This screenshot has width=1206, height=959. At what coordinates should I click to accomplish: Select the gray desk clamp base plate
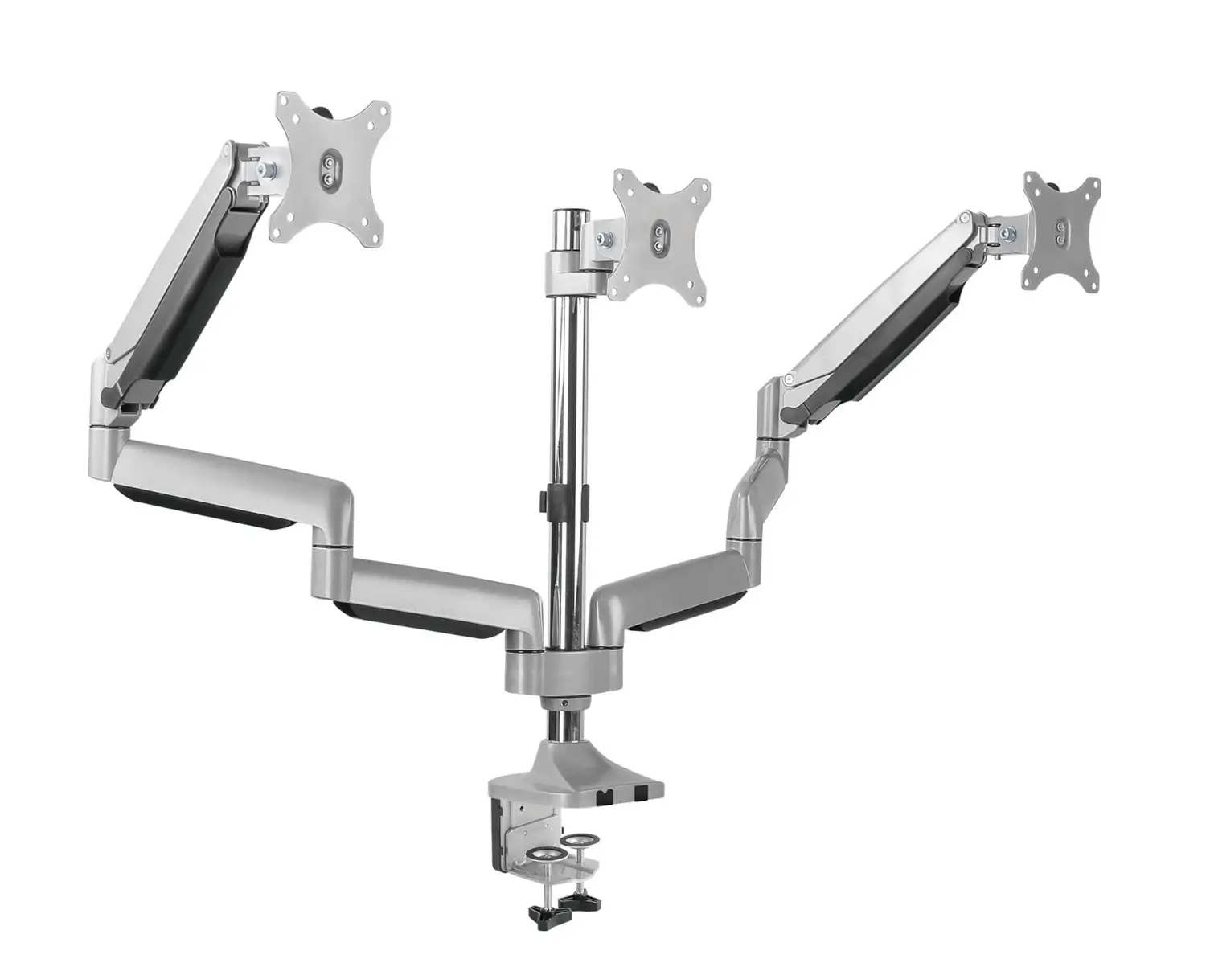[579, 780]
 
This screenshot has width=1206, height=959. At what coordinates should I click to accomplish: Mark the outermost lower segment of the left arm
[225, 482]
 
